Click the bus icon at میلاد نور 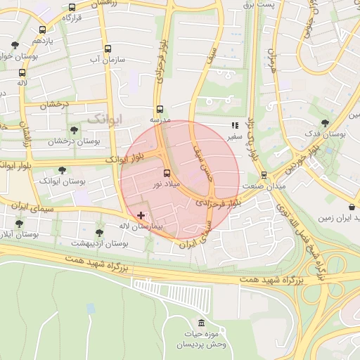tap(167, 173)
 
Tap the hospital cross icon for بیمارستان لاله tap(141, 214)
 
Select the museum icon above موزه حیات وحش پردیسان tap(202, 323)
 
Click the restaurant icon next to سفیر tap(234, 126)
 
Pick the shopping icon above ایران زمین tap(351, 207)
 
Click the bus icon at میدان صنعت tap(264, 174)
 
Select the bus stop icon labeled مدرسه tap(160, 109)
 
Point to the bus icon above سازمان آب tap(108, 49)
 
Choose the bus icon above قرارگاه tap(72, 8)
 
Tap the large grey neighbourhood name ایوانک tap(104, 119)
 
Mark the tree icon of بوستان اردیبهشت tap(98, 231)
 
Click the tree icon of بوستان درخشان tap(74, 130)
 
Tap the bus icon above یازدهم tap(42, 30)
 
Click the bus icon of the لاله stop tap(22, 72)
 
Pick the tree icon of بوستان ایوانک tap(62, 169)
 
